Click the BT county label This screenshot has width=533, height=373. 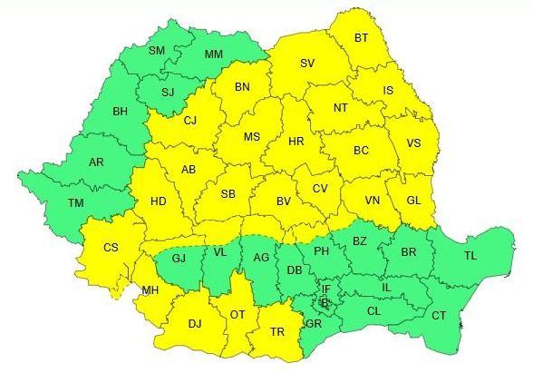point(361,38)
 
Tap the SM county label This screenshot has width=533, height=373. point(157,51)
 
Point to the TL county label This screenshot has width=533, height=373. point(470,257)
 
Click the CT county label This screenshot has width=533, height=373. point(439,315)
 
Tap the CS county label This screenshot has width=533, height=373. point(111,248)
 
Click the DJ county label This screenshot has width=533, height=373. point(195,323)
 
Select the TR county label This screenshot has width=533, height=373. point(278,331)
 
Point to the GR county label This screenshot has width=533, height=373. point(314,324)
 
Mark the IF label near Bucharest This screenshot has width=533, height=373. point(326,289)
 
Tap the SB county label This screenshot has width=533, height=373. point(228,193)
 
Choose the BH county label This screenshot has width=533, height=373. point(119,112)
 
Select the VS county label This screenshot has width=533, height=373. point(414,142)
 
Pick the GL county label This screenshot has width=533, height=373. point(412,201)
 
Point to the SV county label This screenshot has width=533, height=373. point(307,64)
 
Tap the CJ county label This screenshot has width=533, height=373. point(189,120)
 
